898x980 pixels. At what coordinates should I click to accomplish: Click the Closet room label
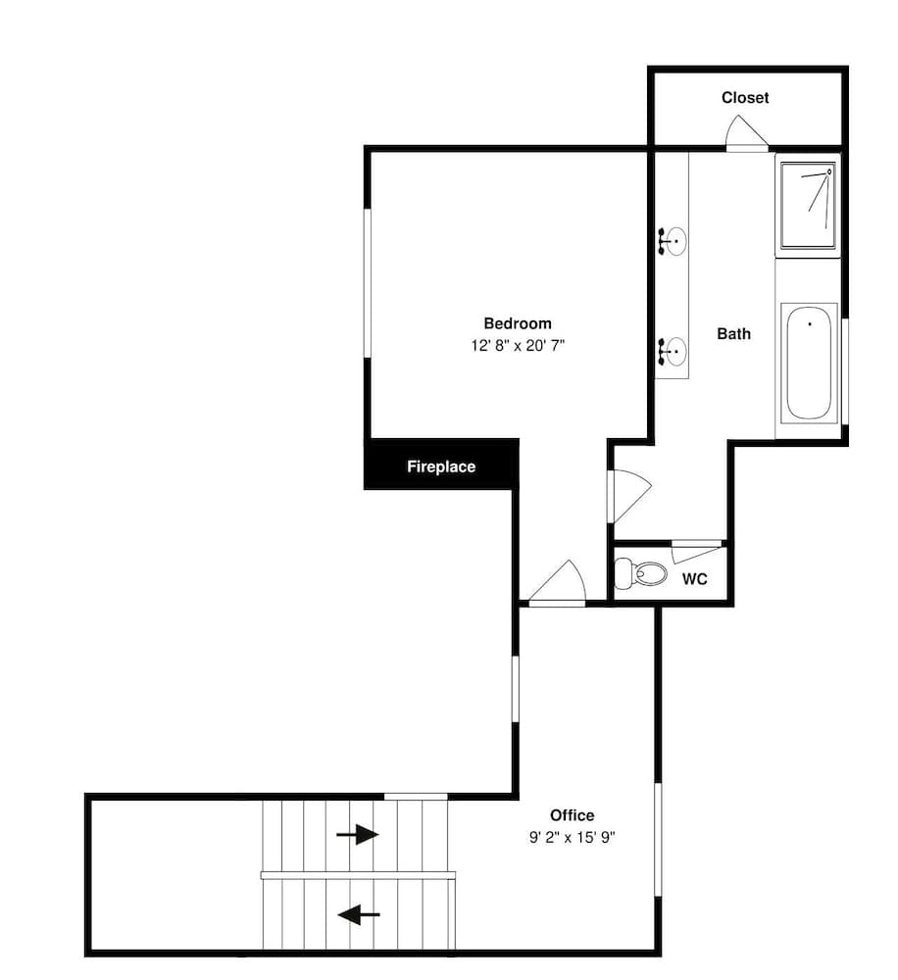point(745,97)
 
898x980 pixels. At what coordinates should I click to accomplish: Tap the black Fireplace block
point(441,464)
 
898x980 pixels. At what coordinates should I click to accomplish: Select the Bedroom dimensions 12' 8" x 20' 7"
point(518,345)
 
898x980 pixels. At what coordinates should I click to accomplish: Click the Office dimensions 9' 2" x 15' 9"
point(573,837)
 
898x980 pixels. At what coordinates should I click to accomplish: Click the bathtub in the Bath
point(809,362)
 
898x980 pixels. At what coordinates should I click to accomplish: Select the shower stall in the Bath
point(808,206)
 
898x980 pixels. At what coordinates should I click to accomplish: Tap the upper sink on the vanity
point(673,241)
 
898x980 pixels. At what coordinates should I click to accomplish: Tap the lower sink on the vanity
point(673,351)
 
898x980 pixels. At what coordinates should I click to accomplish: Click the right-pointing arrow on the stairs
point(357,834)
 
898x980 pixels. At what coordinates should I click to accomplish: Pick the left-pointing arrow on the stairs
point(359,915)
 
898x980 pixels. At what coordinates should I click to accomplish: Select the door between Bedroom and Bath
point(630,496)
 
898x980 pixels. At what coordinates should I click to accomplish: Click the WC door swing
point(697,551)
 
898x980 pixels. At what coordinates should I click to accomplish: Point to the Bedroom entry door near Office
point(557,584)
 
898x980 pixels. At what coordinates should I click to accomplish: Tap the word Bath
point(733,334)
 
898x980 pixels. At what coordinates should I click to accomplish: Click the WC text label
point(694,579)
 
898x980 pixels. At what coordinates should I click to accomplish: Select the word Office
point(573,815)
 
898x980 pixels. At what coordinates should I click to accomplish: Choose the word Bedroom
point(518,323)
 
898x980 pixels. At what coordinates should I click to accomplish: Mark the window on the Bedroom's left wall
point(368,283)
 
